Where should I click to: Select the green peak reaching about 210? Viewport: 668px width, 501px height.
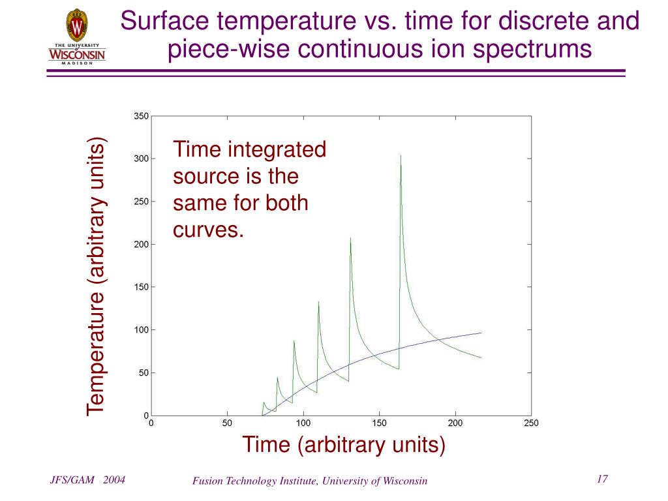tap(350, 239)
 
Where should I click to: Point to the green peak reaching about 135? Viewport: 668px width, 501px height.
tap(318, 302)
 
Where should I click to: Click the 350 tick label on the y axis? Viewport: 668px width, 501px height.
tap(142, 116)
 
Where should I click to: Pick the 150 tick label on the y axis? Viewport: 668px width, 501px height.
tap(142, 287)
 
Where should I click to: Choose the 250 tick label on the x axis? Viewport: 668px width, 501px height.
tap(531, 423)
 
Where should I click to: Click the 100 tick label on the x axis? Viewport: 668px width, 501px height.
tap(303, 423)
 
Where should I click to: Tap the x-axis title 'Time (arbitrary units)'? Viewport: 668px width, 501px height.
tap(344, 445)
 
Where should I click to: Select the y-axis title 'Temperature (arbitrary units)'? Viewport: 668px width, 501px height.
tap(96, 276)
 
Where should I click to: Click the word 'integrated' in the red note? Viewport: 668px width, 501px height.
tap(277, 150)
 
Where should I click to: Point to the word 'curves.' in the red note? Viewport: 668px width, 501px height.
tap(208, 230)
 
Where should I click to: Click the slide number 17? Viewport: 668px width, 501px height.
tap(602, 479)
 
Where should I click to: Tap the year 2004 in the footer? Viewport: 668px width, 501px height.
tap(114, 480)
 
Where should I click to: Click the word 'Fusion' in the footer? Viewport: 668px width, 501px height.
tap(207, 481)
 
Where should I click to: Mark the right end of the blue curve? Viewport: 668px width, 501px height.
tap(481, 333)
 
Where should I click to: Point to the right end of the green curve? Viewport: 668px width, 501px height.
tap(481, 357)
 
